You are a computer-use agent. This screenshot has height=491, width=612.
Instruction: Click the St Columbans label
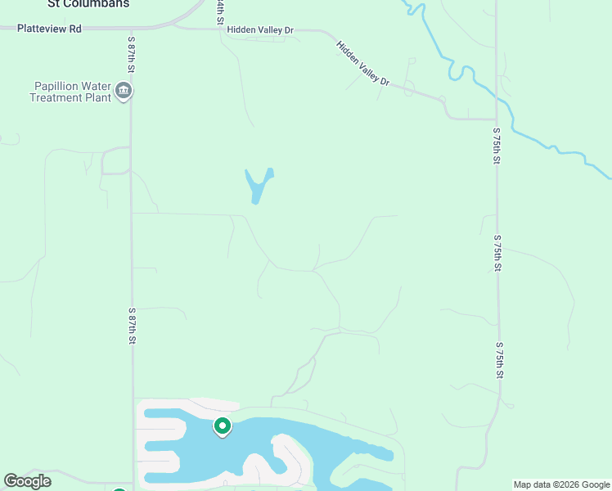(88, 4)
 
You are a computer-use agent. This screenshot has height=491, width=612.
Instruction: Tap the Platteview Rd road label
(52, 29)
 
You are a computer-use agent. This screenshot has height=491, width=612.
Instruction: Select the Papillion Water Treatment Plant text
(70, 92)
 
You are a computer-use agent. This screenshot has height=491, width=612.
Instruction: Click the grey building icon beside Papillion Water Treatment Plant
(124, 90)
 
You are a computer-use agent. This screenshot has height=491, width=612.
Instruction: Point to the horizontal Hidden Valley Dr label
(260, 30)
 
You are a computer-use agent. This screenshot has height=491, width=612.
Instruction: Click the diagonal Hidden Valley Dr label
(364, 64)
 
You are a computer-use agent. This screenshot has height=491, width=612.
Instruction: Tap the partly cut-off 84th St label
(219, 11)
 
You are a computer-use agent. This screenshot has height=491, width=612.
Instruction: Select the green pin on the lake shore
(222, 426)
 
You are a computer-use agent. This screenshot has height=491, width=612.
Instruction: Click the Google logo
(27, 481)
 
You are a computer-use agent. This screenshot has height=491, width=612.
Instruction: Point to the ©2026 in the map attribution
(566, 485)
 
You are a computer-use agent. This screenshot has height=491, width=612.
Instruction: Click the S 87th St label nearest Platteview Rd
(131, 56)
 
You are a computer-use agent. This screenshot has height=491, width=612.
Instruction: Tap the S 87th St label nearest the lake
(131, 326)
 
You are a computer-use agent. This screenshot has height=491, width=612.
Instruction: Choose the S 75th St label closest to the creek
(496, 146)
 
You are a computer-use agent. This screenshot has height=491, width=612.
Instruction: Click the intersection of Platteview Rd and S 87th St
(131, 29)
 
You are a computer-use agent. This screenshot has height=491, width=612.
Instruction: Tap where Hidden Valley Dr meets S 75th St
(496, 119)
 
